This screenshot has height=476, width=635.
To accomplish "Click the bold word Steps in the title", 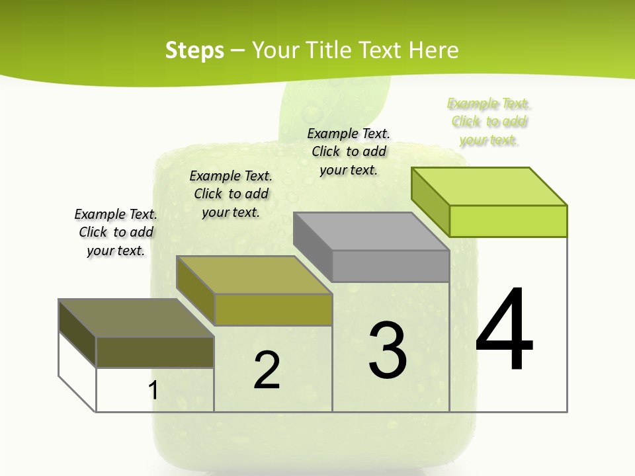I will (x=194, y=50).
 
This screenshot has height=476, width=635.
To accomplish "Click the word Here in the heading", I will (x=433, y=50).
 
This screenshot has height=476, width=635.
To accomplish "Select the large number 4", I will (x=504, y=330).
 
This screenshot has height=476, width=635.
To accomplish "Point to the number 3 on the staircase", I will (x=388, y=350).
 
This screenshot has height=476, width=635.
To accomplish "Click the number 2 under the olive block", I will (x=267, y=370).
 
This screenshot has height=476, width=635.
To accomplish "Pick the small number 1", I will (x=153, y=391).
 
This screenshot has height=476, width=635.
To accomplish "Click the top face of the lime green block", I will (x=489, y=186).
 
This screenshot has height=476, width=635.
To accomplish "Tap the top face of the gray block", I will (x=371, y=231).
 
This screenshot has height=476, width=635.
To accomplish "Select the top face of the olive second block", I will (x=254, y=274).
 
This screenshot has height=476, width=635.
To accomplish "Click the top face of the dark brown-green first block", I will (x=136, y=317).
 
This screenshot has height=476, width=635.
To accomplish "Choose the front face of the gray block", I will (x=390, y=266).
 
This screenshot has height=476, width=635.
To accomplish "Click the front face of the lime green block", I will (x=508, y=221).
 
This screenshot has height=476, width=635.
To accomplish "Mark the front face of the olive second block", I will (x=273, y=309).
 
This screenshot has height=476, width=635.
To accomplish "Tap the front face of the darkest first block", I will (x=155, y=352).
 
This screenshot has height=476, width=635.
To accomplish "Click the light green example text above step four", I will (x=489, y=122).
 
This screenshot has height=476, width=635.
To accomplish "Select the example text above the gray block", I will (x=349, y=151).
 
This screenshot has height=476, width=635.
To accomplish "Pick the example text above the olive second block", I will (x=231, y=194).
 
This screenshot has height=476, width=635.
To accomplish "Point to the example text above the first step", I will (x=116, y=232).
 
